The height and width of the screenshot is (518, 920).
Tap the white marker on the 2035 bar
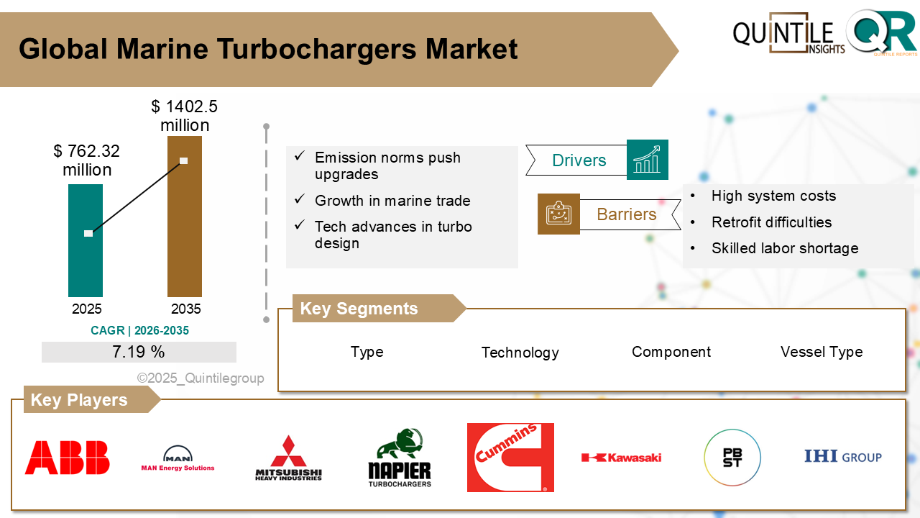pyautogui.click(x=184, y=160)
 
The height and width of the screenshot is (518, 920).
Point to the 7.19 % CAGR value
pyautogui.click(x=139, y=352)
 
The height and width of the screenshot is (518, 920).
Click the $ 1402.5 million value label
pyautogui.click(x=185, y=116)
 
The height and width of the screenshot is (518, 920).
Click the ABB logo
pyautogui.click(x=67, y=458)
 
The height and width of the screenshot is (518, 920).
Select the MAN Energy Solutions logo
pyautogui.click(x=178, y=458)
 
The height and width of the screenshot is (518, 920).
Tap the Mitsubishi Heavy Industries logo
pyautogui.click(x=288, y=458)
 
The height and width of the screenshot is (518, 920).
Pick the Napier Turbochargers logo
pyautogui.click(x=400, y=458)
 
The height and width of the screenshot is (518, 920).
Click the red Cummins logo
pyautogui.click(x=510, y=458)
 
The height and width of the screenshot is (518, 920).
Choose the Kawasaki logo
pyautogui.click(x=621, y=458)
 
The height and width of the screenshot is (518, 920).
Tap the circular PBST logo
pyautogui.click(x=732, y=458)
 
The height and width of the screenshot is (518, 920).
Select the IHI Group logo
pyautogui.click(x=842, y=457)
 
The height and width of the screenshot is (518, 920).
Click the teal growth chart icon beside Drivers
pyautogui.click(x=647, y=160)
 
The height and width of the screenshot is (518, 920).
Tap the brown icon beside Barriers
pyautogui.click(x=558, y=214)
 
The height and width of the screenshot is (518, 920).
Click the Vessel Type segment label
pyautogui.click(x=822, y=352)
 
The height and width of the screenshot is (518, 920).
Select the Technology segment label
pyautogui.click(x=520, y=353)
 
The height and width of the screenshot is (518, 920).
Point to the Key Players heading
pyautogui.click(x=79, y=400)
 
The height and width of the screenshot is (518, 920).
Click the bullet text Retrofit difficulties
pyautogui.click(x=771, y=222)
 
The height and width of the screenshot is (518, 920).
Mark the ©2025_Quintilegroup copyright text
pyautogui.click(x=201, y=378)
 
